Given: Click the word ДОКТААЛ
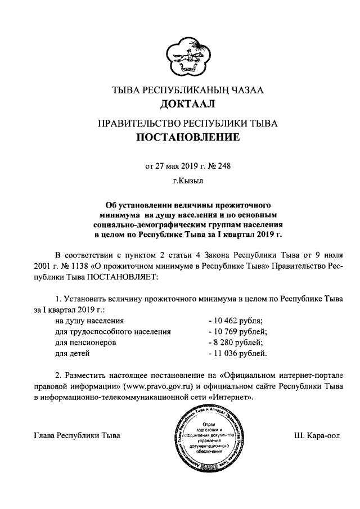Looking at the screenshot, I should (180, 103).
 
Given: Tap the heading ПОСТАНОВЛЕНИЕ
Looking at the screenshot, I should (180, 137).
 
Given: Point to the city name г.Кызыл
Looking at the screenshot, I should (180, 181).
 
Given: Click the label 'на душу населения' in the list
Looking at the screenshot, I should (89, 321).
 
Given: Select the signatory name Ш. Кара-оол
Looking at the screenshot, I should (317, 436).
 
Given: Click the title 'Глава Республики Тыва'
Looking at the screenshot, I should (77, 436).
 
